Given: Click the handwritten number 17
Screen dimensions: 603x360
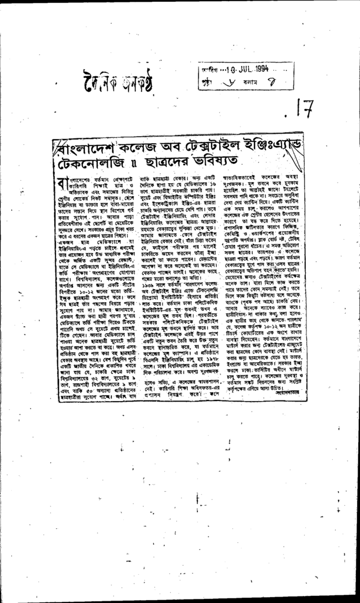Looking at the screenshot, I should tap(304, 110).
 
